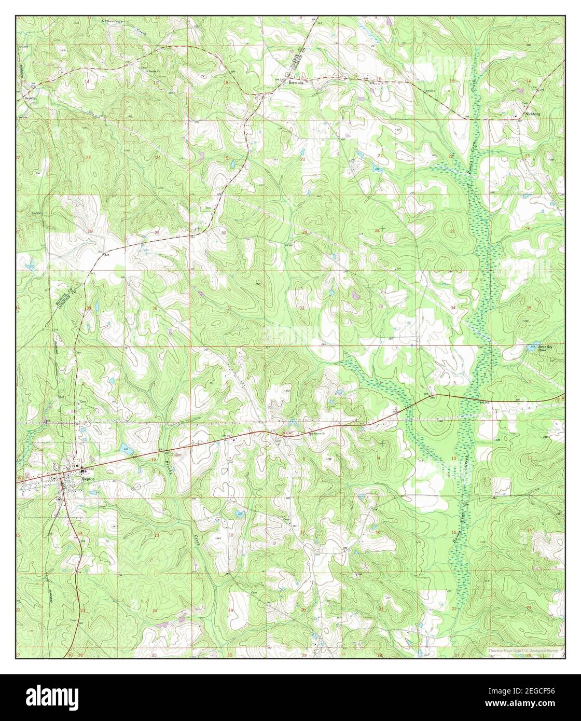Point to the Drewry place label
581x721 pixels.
tap(29, 97)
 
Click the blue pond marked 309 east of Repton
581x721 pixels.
tap(126, 451)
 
